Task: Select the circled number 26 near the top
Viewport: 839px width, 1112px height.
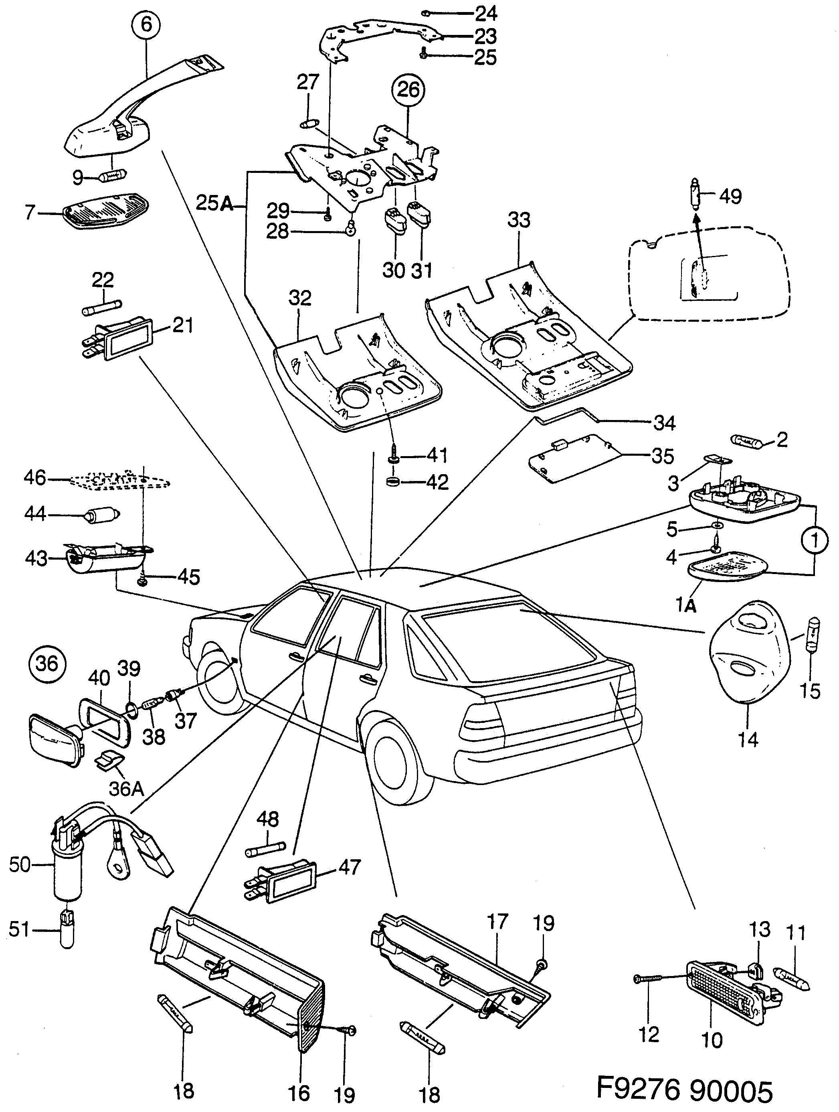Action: click(x=408, y=90)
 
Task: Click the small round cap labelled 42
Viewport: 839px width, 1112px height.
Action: click(x=392, y=483)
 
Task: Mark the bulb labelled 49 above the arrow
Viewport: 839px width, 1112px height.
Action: click(x=695, y=197)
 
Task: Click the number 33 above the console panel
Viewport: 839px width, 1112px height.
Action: click(x=518, y=220)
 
